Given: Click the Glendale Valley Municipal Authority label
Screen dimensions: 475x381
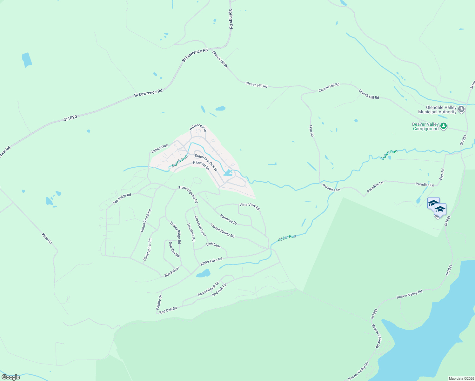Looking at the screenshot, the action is (438, 110).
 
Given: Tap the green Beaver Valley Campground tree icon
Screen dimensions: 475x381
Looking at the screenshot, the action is (444, 126).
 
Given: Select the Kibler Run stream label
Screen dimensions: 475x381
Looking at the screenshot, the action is (287, 238).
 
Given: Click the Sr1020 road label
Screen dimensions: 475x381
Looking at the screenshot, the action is (70, 118).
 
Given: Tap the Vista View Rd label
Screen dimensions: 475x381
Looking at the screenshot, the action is (250, 206).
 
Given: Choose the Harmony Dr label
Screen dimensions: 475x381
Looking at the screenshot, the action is (229, 220).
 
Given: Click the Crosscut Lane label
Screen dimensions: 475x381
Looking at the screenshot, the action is (200, 226).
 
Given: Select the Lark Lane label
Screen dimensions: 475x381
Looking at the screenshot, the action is (213, 245).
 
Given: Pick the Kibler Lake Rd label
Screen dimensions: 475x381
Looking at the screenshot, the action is (211, 262).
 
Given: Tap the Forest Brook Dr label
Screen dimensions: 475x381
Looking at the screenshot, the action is (208, 289).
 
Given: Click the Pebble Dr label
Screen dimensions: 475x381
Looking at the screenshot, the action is (159, 302).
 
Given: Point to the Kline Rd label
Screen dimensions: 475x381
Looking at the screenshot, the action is (47, 238).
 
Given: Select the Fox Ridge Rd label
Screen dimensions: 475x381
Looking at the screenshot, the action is (122, 199).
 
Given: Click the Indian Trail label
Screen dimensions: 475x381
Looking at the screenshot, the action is (159, 148).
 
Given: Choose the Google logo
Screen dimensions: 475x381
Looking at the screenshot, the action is (11, 377).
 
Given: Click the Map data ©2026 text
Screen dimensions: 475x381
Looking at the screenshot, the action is (461, 378).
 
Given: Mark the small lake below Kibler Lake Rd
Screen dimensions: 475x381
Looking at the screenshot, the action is (204, 273).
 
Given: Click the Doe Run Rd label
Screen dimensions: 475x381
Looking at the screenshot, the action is (174, 250).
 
